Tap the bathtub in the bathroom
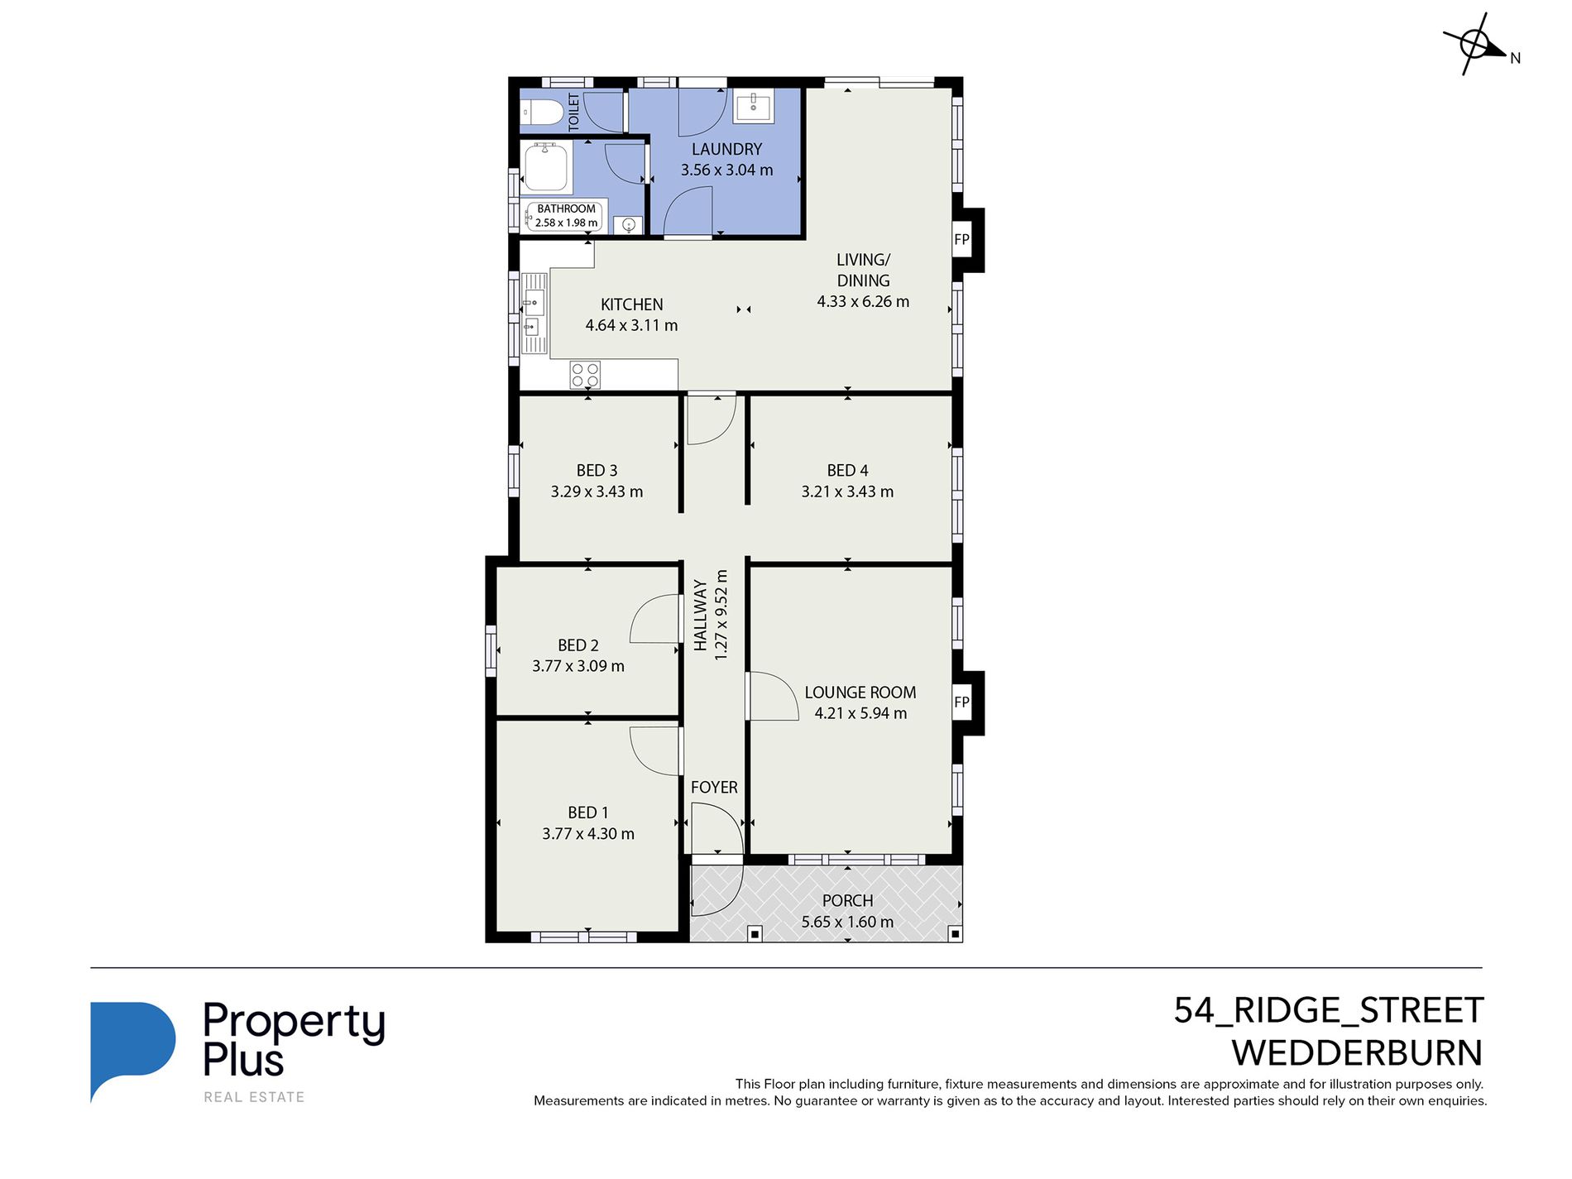(x=546, y=165)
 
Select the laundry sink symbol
(x=754, y=107)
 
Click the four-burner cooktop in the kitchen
(x=585, y=375)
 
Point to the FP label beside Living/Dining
(x=961, y=240)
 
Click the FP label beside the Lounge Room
(x=961, y=702)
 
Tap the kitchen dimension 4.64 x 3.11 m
(x=631, y=326)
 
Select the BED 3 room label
(x=597, y=470)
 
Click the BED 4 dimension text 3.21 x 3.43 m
(x=847, y=491)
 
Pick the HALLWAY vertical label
(x=701, y=615)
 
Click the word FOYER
(x=714, y=788)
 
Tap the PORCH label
(x=847, y=901)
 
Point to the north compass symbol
(x=1475, y=44)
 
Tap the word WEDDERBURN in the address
(x=1357, y=1053)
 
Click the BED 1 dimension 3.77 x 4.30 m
(x=588, y=834)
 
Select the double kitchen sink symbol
(x=534, y=314)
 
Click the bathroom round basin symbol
(x=629, y=224)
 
